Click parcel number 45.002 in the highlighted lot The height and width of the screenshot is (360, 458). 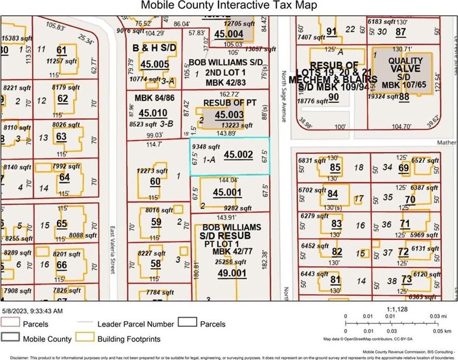[238, 155]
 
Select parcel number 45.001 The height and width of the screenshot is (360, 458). [227, 192]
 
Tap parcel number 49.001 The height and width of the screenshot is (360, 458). [232, 273]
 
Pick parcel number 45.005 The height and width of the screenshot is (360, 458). [154, 65]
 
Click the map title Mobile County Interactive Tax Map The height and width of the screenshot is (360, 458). [228, 6]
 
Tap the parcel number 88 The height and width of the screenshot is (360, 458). [404, 97]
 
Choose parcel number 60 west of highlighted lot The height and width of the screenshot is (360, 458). [155, 182]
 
